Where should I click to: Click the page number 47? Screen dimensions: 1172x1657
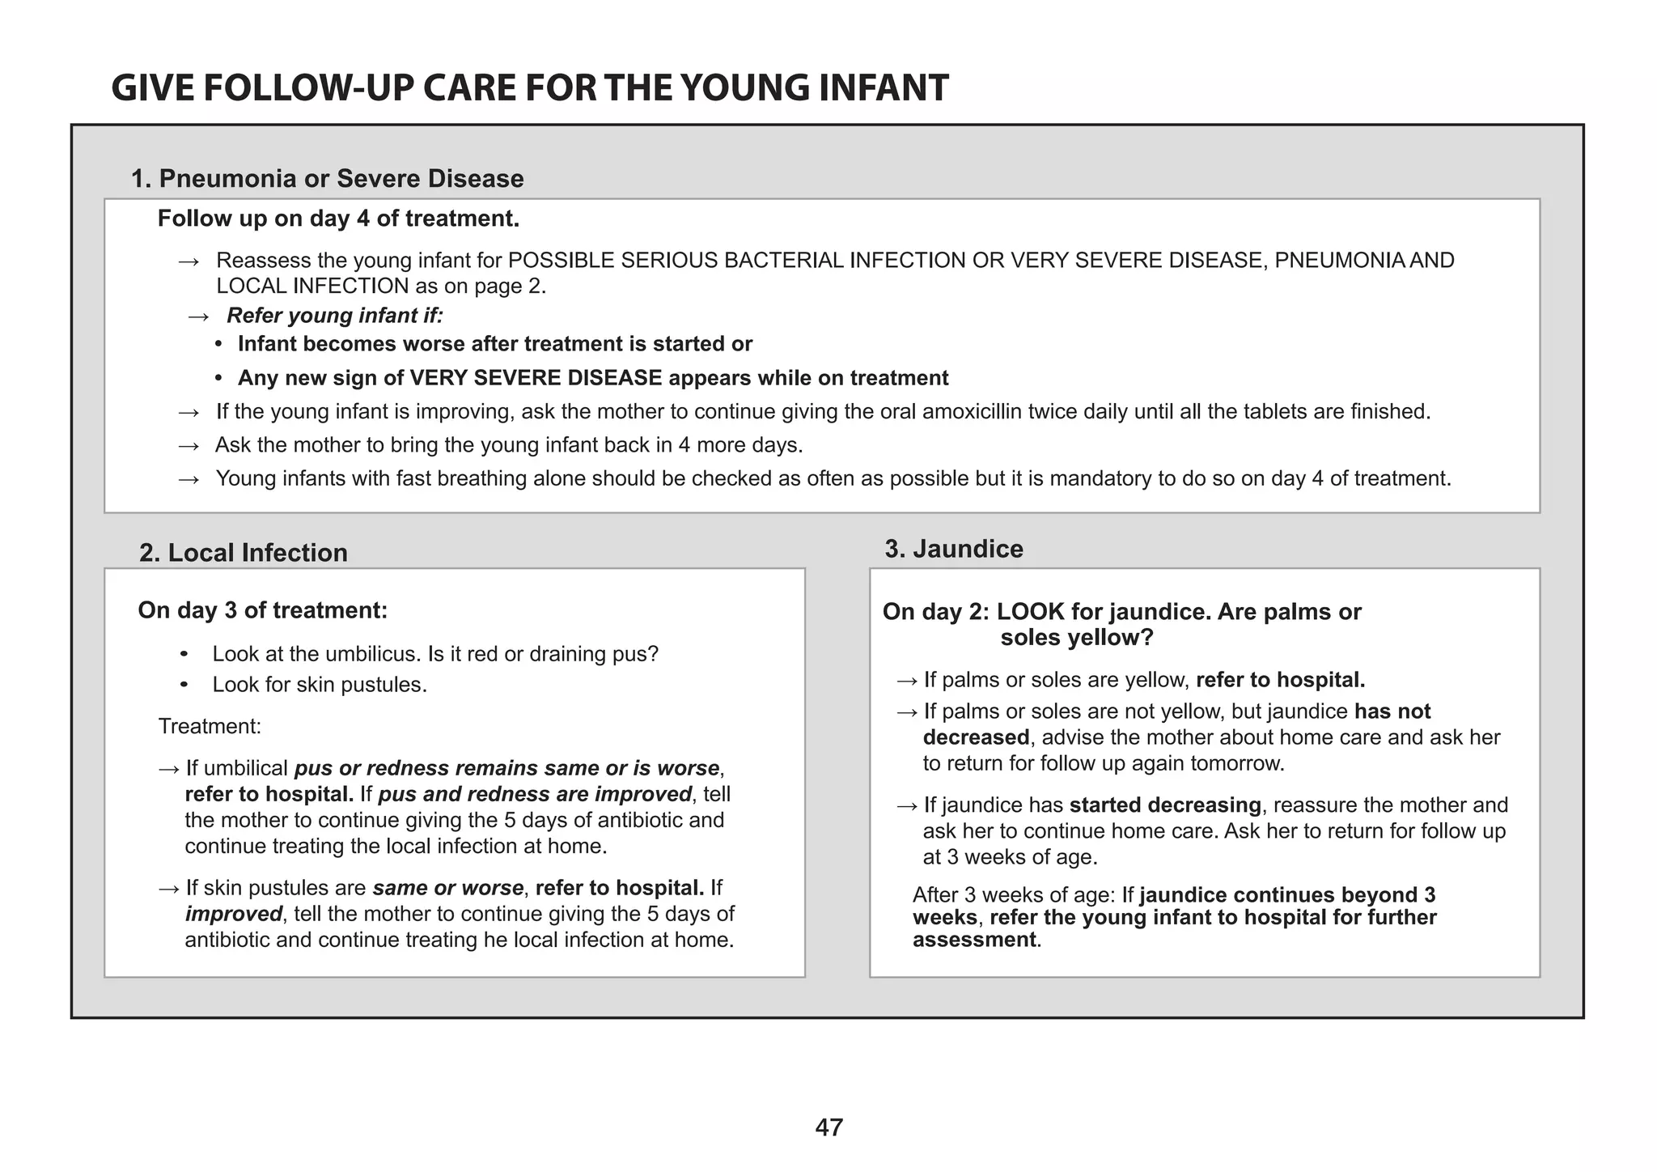point(828,1127)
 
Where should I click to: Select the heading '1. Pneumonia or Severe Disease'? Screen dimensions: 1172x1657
point(327,178)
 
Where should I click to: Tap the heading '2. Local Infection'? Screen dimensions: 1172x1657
point(243,553)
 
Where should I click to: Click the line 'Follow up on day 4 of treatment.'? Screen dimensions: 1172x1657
point(338,219)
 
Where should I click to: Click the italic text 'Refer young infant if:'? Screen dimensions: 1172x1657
point(334,316)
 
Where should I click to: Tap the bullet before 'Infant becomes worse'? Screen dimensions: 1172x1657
point(218,345)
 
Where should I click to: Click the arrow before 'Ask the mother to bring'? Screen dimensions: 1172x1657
point(189,446)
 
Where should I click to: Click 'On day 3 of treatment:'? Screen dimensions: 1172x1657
point(262,610)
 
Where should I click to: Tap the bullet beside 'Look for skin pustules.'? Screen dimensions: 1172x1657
point(184,686)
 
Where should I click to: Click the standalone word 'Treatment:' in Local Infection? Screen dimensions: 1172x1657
point(210,727)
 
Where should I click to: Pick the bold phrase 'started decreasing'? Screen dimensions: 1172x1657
point(1164,805)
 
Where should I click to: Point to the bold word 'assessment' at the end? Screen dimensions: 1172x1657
point(973,940)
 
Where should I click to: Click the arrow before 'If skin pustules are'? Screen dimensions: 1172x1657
point(169,889)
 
